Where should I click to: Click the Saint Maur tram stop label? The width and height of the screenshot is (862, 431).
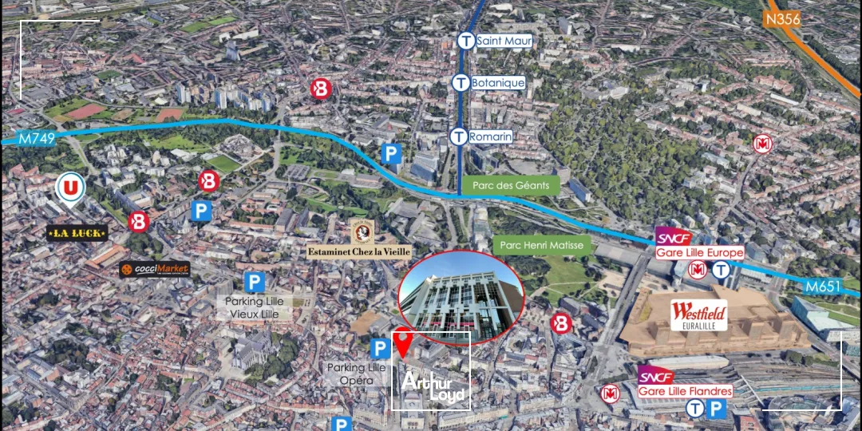tap(504, 41)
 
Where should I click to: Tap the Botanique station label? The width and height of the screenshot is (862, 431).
tap(497, 82)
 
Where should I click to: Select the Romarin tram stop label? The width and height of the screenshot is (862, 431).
tap(490, 136)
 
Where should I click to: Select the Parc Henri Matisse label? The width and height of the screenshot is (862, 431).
tap(544, 245)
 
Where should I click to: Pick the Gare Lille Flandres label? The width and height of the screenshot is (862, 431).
tap(685, 391)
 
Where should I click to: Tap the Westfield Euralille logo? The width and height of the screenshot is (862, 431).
tap(698, 314)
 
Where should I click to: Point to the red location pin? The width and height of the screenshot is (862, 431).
tap(405, 342)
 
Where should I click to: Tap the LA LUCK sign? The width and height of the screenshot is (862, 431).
tap(77, 233)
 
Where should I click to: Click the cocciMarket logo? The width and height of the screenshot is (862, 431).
tap(155, 269)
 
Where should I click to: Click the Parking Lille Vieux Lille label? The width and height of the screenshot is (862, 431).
tap(254, 307)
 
